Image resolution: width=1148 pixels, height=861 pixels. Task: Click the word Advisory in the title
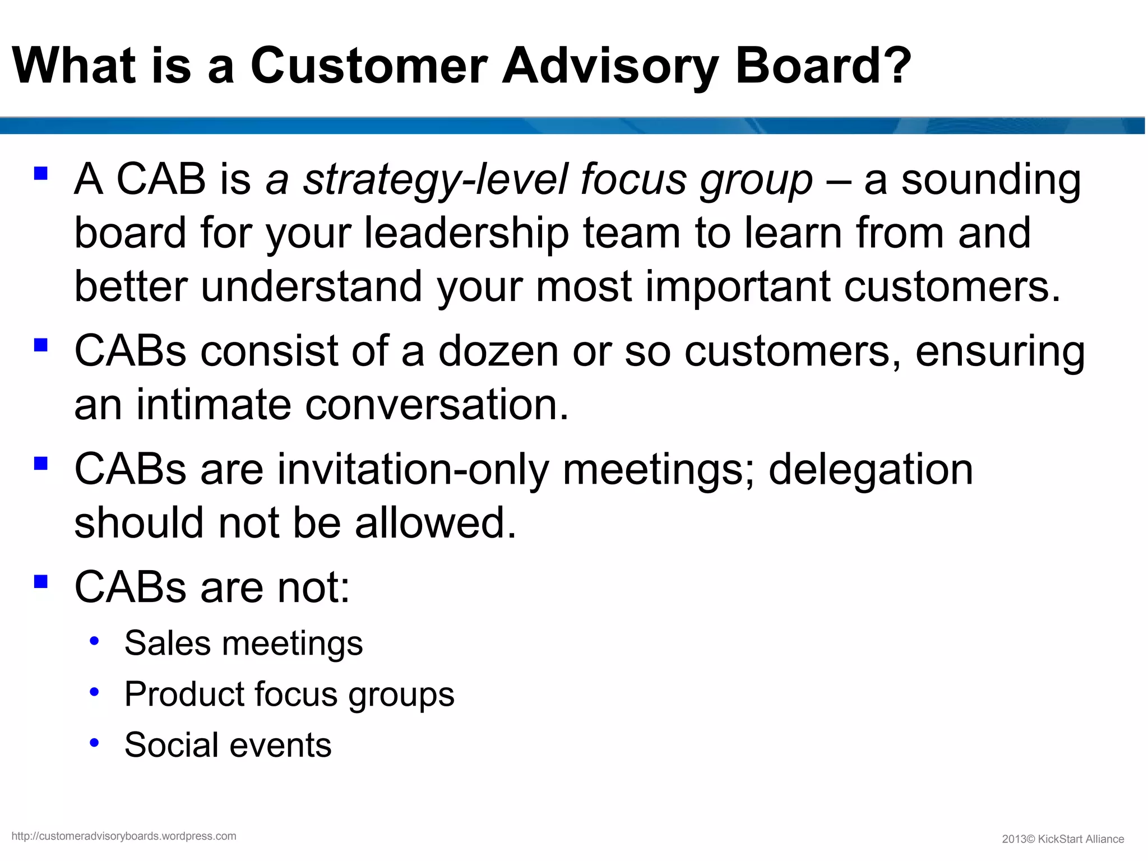609,66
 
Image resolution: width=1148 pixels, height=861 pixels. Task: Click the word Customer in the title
369,66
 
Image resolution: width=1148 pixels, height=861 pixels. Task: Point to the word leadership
466,233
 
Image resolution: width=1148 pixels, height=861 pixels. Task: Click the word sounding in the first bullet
991,180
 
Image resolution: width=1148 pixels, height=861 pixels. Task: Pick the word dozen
498,351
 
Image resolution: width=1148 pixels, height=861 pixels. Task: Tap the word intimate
214,404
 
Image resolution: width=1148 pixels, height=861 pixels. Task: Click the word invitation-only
413,470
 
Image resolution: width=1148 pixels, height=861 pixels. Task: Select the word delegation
870,470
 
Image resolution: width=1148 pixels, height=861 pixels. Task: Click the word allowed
435,522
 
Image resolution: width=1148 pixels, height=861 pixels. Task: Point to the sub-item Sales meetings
243,643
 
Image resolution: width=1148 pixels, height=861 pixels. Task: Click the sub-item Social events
228,745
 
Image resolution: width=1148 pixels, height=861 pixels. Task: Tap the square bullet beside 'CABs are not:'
41,581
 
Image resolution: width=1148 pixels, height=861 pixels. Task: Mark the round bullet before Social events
94,743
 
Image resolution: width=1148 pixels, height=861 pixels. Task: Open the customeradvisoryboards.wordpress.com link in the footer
124,836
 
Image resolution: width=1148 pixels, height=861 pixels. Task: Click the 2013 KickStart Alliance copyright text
1063,839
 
